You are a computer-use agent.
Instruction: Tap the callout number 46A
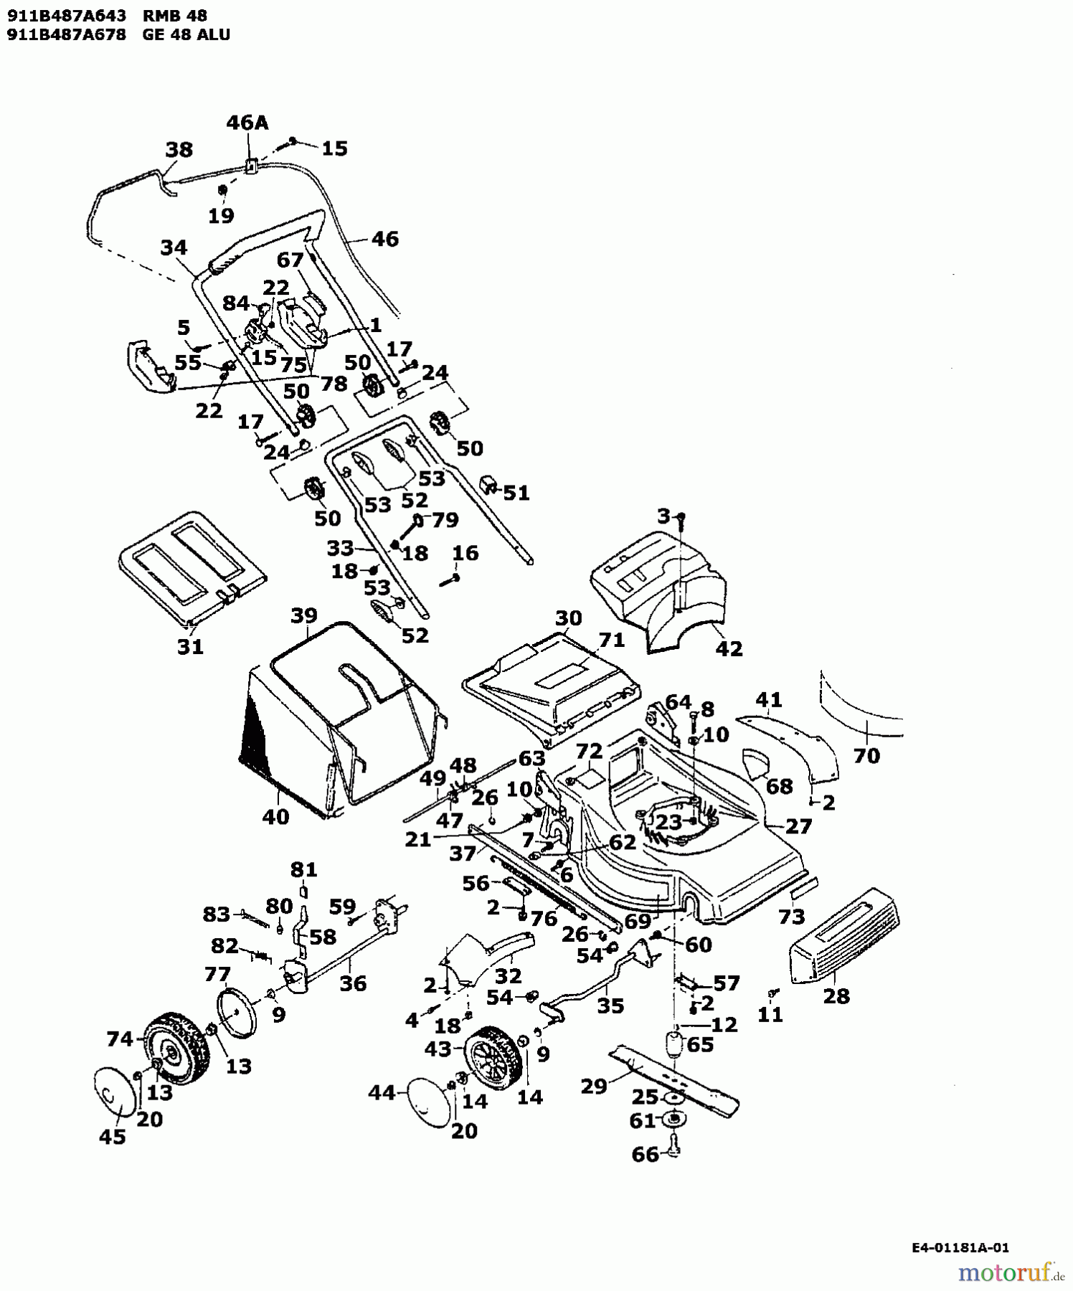(247, 123)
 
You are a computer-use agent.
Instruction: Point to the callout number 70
(866, 755)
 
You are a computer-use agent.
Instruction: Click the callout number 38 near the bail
(179, 150)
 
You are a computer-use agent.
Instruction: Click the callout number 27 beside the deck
(798, 826)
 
